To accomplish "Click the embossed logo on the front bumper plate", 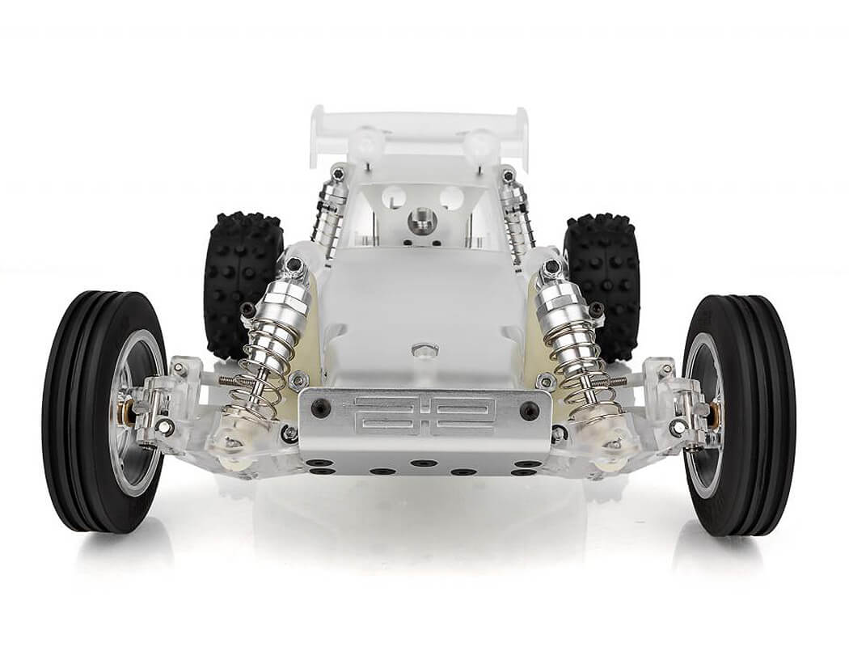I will coord(424,415).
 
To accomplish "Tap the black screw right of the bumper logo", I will coord(530,409).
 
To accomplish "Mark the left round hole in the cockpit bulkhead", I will coord(394,197).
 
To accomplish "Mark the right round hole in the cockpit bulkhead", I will coord(451,197).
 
